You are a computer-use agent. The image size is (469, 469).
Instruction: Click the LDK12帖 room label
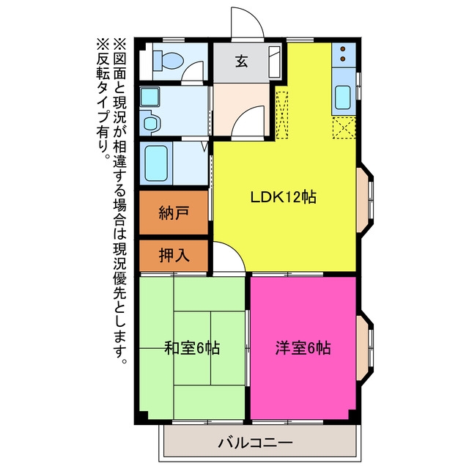(283, 197)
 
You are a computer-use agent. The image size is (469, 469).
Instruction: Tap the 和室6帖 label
(192, 348)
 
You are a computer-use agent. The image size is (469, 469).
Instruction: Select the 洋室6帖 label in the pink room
(303, 348)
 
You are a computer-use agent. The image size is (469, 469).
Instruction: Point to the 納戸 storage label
(174, 213)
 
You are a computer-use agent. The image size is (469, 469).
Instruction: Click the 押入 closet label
(174, 256)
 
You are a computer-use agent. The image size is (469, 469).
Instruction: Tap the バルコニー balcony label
(256, 443)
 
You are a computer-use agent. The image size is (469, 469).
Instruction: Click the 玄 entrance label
(242, 62)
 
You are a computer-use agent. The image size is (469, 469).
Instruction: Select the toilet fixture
(167, 61)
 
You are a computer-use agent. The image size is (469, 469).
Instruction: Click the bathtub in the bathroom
(156, 163)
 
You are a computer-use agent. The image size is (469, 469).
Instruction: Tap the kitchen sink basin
(343, 97)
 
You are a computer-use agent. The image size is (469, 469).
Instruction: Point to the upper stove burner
(343, 49)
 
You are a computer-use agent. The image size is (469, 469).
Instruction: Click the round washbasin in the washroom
(150, 122)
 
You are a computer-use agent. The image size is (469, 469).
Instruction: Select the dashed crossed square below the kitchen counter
(344, 128)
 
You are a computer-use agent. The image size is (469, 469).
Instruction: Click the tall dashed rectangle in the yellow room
(281, 115)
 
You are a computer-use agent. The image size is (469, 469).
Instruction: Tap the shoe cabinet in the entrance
(274, 62)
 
